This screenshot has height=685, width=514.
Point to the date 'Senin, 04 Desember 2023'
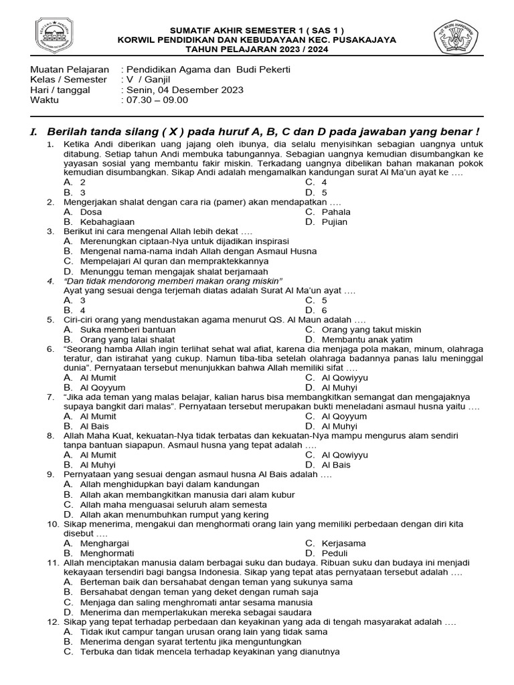tap(182, 90)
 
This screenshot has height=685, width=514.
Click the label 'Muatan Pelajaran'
tap(70, 70)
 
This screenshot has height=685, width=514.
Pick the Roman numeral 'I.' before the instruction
tap(34, 132)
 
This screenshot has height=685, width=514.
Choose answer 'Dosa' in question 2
tap(91, 212)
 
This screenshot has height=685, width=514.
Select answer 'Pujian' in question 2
tap(336, 221)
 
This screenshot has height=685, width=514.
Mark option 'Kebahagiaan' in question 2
tap(107, 221)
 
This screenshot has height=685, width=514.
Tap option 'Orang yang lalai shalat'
tap(128, 339)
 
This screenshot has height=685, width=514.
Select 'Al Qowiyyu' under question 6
tap(345, 377)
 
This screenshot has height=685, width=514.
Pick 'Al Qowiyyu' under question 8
tap(345, 455)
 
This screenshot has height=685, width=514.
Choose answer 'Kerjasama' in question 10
tap(344, 543)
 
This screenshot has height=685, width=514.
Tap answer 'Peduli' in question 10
tap(335, 553)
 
